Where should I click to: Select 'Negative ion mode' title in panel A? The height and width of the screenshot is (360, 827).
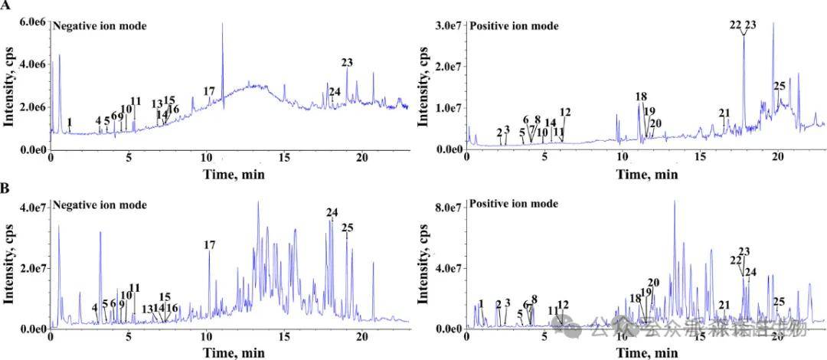100,26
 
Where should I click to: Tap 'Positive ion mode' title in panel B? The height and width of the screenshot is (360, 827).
515,204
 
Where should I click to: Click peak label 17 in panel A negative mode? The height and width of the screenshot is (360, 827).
209,92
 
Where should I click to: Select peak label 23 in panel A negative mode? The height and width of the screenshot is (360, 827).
348,63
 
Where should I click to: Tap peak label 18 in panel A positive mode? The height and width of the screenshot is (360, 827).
641,97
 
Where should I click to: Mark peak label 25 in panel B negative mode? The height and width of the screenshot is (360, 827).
347,227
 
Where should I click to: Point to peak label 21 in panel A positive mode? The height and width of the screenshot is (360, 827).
724,113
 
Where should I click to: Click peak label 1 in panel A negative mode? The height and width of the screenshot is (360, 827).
70,122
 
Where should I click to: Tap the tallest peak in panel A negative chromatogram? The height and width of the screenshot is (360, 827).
222,25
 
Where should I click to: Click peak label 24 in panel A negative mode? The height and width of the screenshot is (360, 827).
335,93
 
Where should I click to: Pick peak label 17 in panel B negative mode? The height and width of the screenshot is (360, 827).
210,245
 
